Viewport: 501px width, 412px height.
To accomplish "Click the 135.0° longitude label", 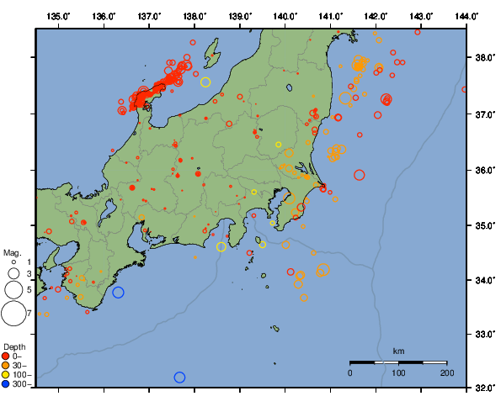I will pyautogui.click(x=59, y=16).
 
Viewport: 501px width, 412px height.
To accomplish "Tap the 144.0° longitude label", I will pyautogui.click(x=467, y=16).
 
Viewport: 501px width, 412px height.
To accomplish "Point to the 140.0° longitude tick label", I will pyautogui.click(x=285, y=16).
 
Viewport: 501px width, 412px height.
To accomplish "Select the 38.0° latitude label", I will pyautogui.click(x=484, y=58).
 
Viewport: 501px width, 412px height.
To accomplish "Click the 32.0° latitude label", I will pyautogui.click(x=484, y=388).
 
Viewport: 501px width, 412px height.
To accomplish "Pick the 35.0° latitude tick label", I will pyautogui.click(x=484, y=225).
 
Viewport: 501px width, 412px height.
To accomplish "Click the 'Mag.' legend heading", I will pyautogui.click(x=12, y=252).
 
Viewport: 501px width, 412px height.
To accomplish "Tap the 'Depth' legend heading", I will pyautogui.click(x=13, y=346).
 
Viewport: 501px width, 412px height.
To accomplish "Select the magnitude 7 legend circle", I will pyautogui.click(x=13, y=314).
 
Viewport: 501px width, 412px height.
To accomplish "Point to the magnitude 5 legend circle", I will pyautogui.click(x=13, y=289).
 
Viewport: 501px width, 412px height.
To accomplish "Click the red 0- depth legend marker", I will pyautogui.click(x=7, y=357).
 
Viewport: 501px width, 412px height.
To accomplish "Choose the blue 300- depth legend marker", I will pyautogui.click(x=7, y=384).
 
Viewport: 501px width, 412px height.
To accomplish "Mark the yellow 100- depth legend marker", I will pyautogui.click(x=7, y=375).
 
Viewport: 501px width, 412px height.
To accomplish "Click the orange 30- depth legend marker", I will pyautogui.click(x=7, y=366).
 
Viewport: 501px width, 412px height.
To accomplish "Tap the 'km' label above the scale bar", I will pyautogui.click(x=398, y=351).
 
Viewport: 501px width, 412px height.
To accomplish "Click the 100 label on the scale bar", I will pyautogui.click(x=398, y=372).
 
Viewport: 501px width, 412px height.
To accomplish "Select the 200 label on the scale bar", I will pyautogui.click(x=446, y=372).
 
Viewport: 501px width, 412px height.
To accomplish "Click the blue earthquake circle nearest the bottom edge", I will pyautogui.click(x=179, y=378).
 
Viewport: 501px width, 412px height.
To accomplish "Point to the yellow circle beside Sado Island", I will pyautogui.click(x=205, y=82).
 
